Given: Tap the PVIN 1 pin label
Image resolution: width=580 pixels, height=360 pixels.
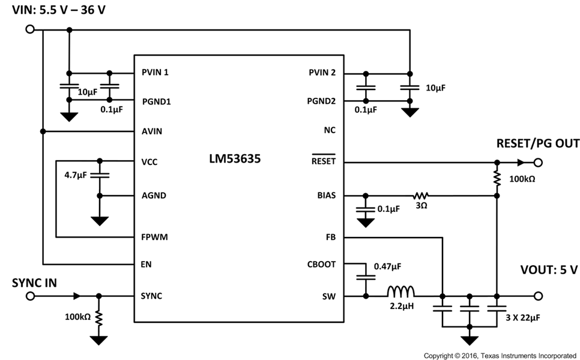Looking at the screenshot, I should pyautogui.click(x=155, y=73).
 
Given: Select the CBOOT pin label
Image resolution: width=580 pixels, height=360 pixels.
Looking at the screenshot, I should pyautogui.click(x=321, y=264).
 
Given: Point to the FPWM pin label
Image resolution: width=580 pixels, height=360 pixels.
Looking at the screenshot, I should pyautogui.click(x=154, y=237).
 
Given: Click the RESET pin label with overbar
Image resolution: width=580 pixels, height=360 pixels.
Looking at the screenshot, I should pyautogui.click(x=323, y=161).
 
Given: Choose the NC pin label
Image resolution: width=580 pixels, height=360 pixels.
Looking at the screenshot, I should pyautogui.click(x=329, y=130).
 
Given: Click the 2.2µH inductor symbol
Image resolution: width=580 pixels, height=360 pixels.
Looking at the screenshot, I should pyautogui.click(x=400, y=292).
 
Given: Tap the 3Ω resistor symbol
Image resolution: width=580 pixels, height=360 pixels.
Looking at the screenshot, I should pyautogui.click(x=421, y=195).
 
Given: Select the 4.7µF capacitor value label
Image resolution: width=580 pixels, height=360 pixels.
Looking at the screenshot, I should pyautogui.click(x=76, y=175).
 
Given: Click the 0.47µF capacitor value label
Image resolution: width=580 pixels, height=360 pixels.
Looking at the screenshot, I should pyautogui.click(x=388, y=265).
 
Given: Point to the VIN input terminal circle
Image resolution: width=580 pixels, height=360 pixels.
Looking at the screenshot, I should pyautogui.click(x=29, y=29).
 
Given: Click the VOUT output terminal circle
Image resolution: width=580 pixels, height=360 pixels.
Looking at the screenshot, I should pyautogui.click(x=538, y=296).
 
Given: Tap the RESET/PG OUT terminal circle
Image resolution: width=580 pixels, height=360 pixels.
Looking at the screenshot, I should pyautogui.click(x=538, y=162).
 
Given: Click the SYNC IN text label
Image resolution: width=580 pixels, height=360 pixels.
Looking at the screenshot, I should pyautogui.click(x=34, y=282).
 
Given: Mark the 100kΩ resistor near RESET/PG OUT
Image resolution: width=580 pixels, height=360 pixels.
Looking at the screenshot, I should pyautogui.click(x=497, y=178).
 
